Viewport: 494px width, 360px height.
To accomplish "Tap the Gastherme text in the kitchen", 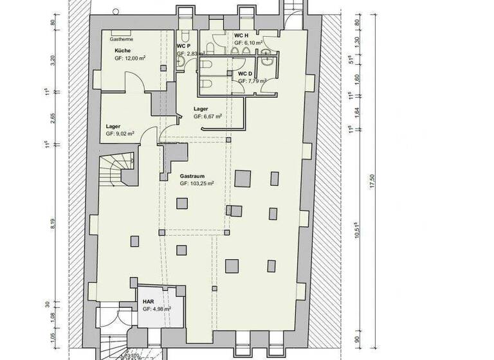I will click(121, 39).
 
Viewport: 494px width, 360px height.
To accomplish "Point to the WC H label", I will click(241, 35).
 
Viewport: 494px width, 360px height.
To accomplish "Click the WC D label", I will click(244, 73).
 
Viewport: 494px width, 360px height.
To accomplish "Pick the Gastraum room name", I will click(192, 175).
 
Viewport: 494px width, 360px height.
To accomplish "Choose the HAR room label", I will click(149, 301).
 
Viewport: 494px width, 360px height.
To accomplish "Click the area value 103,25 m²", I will click(197, 183).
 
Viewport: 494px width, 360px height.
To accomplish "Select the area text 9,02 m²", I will click(120, 134).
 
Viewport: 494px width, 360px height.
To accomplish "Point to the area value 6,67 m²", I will click(208, 117).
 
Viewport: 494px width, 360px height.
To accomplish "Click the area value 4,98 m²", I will click(156, 309).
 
